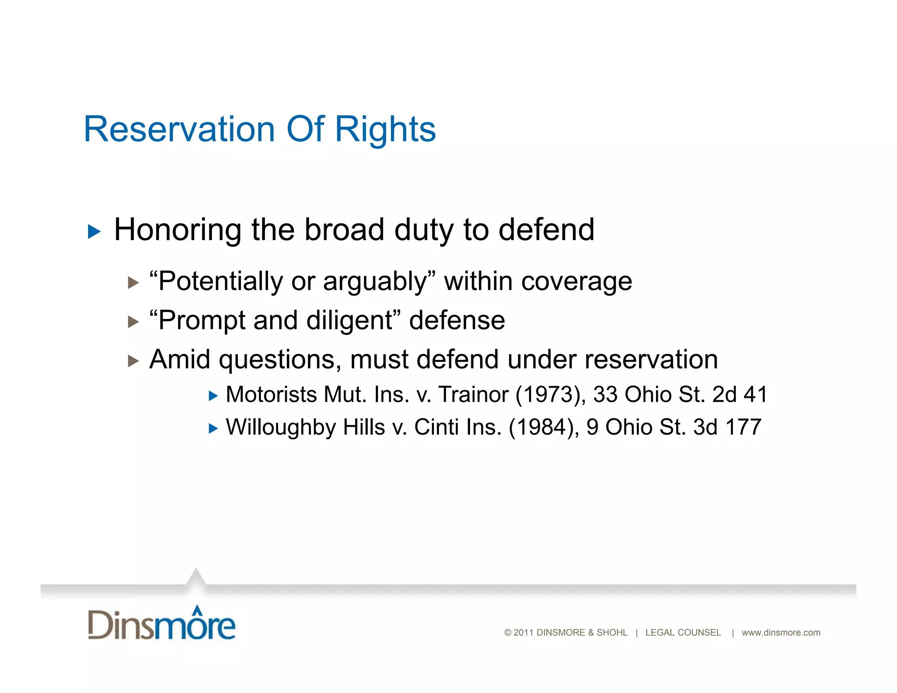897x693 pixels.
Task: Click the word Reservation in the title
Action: pyautogui.click(x=179, y=129)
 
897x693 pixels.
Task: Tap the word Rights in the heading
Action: pyautogui.click(x=385, y=130)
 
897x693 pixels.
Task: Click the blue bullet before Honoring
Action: pyautogui.click(x=94, y=231)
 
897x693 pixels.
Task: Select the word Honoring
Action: pyautogui.click(x=177, y=230)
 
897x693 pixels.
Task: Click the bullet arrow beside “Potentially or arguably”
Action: pyautogui.click(x=133, y=283)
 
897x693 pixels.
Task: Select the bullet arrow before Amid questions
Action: pyautogui.click(x=133, y=361)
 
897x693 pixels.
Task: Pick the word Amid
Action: pyautogui.click(x=180, y=359)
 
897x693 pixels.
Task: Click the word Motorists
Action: pyautogui.click(x=271, y=394)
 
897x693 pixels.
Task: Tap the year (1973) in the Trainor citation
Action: pyautogui.click(x=551, y=394)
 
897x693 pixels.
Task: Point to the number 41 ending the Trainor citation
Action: pyautogui.click(x=755, y=394)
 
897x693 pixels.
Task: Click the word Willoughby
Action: pyautogui.click(x=280, y=427)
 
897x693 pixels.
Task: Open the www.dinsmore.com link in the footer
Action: pyautogui.click(x=780, y=633)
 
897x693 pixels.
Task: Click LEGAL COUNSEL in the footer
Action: pyautogui.click(x=683, y=633)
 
